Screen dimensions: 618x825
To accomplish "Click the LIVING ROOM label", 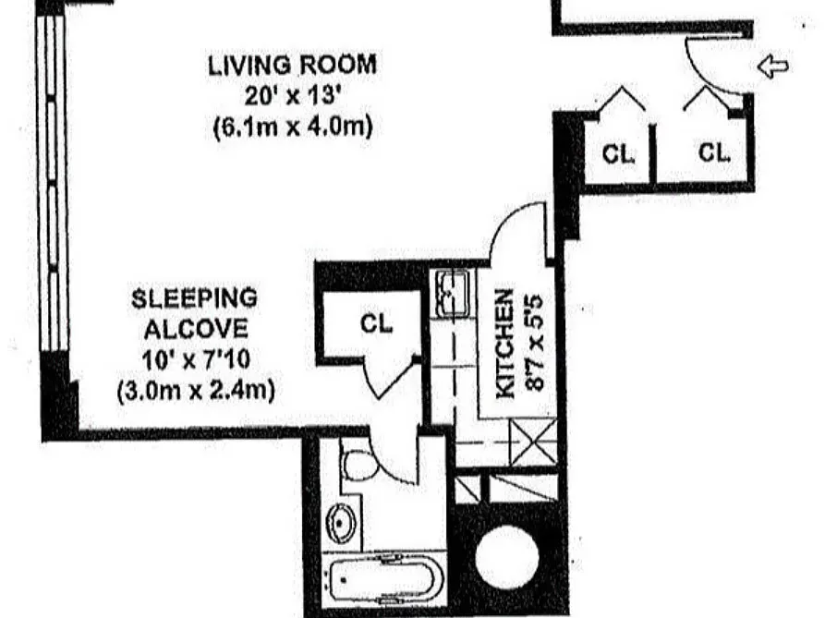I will click(x=291, y=66).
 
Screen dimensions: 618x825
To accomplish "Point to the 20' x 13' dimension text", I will click(x=291, y=96).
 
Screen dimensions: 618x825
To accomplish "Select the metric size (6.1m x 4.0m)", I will click(x=291, y=127).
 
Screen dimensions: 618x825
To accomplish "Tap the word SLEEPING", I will click(x=194, y=298).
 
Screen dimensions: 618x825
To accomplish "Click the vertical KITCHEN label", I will click(x=504, y=344).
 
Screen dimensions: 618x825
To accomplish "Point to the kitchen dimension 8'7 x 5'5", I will click(x=535, y=344).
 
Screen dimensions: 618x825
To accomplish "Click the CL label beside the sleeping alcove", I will click(x=376, y=324).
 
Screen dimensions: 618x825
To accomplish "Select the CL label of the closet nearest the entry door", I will click(x=714, y=153).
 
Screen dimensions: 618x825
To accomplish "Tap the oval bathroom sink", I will click(x=342, y=525).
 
